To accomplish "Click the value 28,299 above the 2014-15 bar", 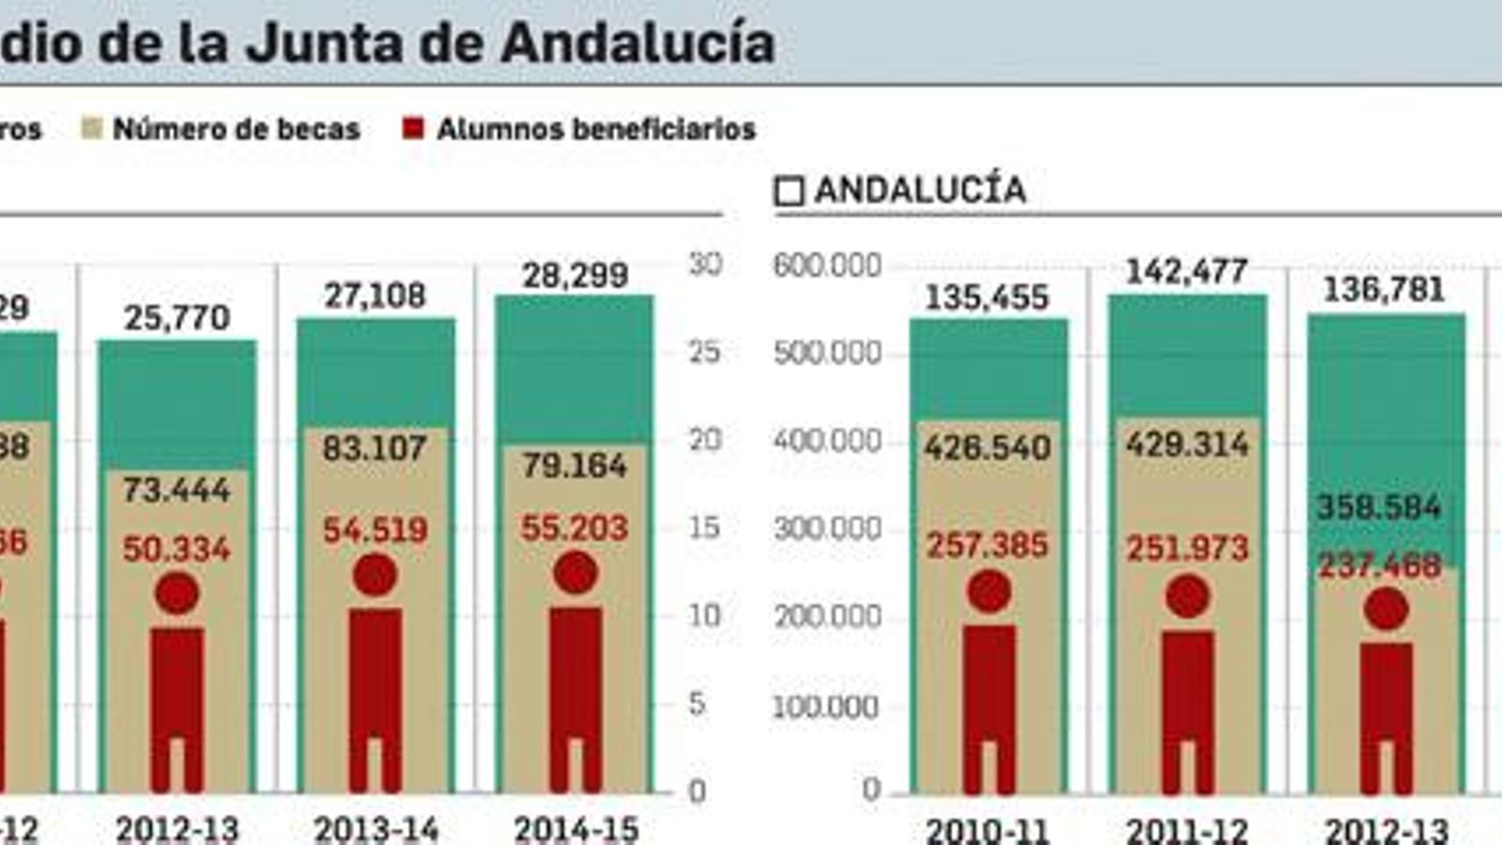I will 575,275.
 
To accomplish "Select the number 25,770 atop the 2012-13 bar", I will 176,317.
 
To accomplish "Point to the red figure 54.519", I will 375,530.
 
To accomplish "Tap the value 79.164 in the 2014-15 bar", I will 575,465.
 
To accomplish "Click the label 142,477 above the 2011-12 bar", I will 1187,272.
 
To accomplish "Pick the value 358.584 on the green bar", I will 1378,507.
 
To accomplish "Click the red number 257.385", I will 988,545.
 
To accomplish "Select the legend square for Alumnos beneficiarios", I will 413,129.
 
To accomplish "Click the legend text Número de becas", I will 236,129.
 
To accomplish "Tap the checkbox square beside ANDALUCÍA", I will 789,192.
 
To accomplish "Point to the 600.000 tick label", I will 827,266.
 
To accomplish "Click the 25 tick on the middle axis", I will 704,352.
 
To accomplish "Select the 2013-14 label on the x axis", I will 375,829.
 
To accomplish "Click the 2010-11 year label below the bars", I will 988,831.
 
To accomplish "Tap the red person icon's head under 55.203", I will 575,573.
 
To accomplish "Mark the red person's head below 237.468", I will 1386,609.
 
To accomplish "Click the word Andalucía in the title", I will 637,43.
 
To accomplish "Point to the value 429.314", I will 1188,444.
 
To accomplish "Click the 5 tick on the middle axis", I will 696,703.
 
